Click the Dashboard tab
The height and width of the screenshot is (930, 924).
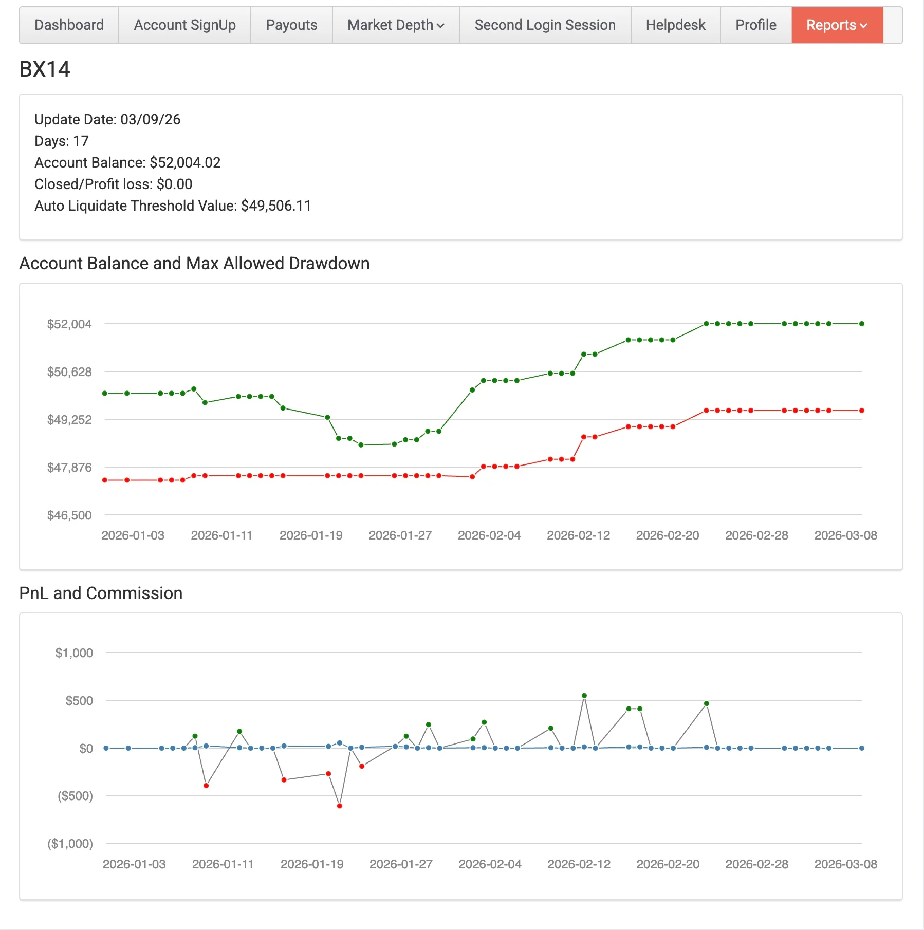69,25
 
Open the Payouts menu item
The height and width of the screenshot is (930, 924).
291,25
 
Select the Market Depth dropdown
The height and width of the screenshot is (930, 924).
396,25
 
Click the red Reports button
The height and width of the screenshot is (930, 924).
837,25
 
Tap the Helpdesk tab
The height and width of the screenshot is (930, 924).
675,25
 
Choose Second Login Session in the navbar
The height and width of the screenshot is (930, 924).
545,25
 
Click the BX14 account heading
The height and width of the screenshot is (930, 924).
45,69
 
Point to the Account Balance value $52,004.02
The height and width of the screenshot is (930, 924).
185,163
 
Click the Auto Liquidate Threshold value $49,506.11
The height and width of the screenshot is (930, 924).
276,206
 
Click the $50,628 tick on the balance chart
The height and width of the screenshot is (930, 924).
69,372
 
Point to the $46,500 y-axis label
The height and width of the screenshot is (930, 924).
69,515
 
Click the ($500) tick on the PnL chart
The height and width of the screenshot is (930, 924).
75,796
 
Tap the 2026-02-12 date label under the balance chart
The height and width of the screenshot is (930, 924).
578,535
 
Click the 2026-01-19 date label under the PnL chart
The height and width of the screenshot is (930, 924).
312,864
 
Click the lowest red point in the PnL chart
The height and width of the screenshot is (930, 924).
340,806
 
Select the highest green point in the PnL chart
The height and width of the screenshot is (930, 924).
584,696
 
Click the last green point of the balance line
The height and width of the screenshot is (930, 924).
862,324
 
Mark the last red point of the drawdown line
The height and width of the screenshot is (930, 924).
862,411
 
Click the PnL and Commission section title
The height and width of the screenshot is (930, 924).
101,593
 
